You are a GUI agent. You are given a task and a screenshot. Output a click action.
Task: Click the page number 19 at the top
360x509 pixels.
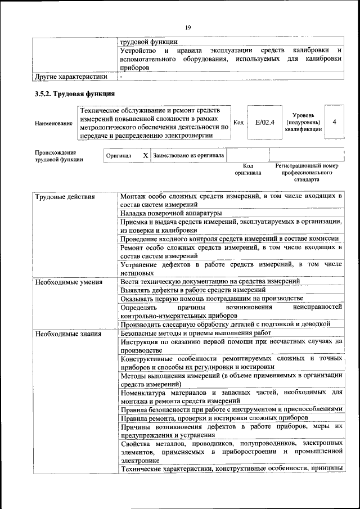click(188, 26)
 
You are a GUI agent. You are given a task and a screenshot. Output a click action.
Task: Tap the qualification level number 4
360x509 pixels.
click(335, 121)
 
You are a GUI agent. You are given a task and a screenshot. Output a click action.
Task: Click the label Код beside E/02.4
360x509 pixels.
click(237, 121)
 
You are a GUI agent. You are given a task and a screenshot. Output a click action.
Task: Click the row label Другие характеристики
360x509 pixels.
click(70, 76)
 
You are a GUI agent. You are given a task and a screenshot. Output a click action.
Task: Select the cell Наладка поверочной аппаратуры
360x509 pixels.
click(171, 213)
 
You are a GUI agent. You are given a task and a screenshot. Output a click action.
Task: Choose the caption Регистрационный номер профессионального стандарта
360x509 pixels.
click(306, 173)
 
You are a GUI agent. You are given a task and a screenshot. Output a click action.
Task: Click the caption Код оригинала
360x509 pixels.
click(248, 169)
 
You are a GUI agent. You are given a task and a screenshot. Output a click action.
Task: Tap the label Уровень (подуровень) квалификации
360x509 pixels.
click(303, 121)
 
